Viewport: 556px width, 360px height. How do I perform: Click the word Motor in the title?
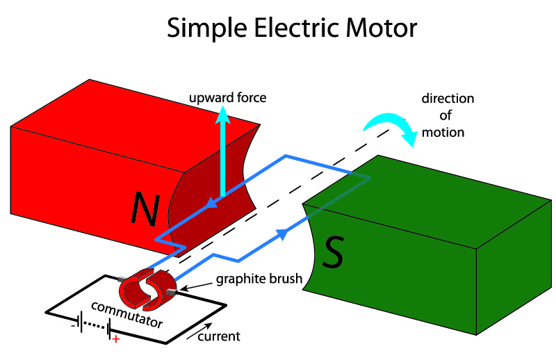[382, 28]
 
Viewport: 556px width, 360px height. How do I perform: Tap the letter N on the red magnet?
[145, 208]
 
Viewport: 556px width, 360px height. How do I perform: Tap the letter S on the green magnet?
[333, 252]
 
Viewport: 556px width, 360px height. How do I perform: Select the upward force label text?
[228, 97]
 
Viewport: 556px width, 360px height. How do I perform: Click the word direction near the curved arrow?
[448, 99]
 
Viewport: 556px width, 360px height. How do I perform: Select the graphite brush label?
[259, 279]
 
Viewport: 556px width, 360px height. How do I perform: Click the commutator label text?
[127, 315]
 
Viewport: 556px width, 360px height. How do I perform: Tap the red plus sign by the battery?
[116, 339]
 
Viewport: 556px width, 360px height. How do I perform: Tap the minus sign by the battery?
[73, 325]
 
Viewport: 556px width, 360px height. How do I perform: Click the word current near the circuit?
[219, 336]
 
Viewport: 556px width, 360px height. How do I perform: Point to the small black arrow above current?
[199, 332]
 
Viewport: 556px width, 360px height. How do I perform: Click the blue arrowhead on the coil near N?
[212, 203]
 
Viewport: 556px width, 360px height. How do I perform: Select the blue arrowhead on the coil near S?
[282, 234]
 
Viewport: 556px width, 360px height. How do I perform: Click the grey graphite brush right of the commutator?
[172, 292]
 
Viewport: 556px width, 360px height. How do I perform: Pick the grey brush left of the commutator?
[123, 279]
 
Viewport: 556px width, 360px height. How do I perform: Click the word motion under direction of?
[443, 133]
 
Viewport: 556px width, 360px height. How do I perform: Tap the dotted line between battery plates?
[95, 325]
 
